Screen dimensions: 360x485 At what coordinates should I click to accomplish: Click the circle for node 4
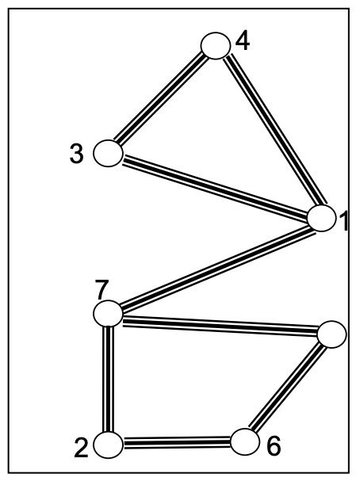point(216,45)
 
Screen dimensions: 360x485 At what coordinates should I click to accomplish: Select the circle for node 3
point(108,153)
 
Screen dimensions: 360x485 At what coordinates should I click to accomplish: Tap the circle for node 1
point(322,218)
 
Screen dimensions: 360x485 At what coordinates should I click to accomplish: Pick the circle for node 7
point(108,313)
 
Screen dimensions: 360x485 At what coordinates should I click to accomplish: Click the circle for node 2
point(108,445)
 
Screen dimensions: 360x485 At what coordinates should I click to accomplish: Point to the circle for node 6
point(245,441)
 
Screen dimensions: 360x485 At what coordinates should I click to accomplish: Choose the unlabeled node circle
point(331,334)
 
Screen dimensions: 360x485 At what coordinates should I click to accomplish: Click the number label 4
point(243,41)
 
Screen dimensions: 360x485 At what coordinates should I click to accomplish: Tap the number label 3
point(76,154)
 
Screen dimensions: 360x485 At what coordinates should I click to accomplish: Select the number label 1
point(343,221)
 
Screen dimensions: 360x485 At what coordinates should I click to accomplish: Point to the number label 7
point(101,290)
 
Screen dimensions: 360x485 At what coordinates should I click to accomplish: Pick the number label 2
point(81,449)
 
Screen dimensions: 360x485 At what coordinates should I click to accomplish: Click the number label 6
point(274,445)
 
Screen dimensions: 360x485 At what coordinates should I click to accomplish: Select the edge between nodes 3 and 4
point(162,99)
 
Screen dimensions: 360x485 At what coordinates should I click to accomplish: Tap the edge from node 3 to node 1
point(215,185)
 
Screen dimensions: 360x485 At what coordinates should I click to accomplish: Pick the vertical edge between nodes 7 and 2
point(108,379)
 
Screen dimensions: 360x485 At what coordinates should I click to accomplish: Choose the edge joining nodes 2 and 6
point(177,443)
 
